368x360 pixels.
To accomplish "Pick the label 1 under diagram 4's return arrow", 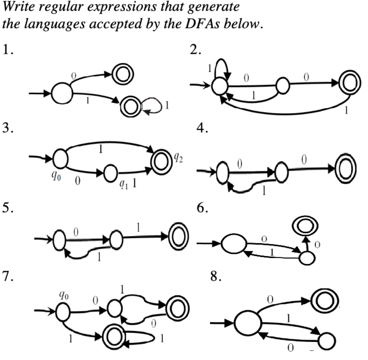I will [x=265, y=191].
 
